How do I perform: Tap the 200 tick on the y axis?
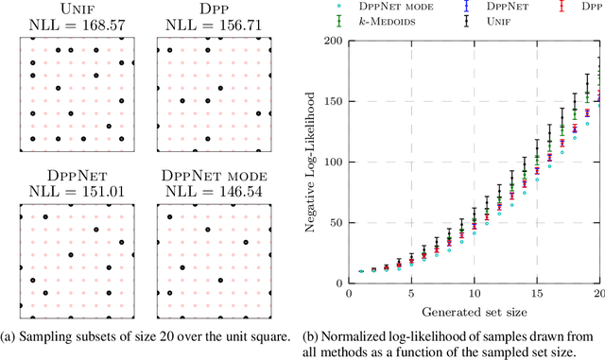click(x=330, y=41)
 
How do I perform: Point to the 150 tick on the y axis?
click(x=330, y=101)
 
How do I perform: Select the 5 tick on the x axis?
click(x=410, y=295)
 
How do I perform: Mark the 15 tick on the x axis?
click(x=537, y=295)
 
